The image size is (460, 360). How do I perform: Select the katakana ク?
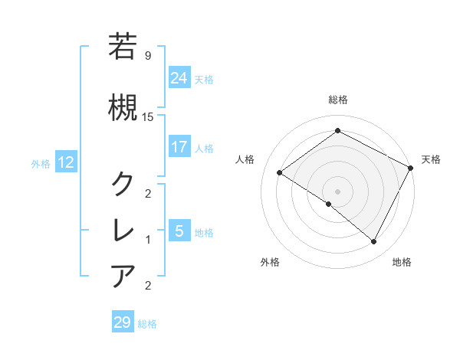click(123, 184)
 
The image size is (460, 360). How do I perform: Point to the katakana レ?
click(123, 230)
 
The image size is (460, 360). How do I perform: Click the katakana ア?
click(123, 276)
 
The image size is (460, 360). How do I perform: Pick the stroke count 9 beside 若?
click(147, 55)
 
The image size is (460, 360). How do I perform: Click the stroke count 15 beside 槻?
click(148, 116)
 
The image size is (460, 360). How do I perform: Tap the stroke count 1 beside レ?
click(147, 240)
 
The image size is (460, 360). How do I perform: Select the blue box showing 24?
click(179, 77)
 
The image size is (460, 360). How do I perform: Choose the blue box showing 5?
click(179, 231)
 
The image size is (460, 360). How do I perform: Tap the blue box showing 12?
click(65, 162)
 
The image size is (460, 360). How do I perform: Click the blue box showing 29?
click(122, 322)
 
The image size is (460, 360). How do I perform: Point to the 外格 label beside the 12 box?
click(41, 163)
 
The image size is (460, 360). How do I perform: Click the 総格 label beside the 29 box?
click(148, 324)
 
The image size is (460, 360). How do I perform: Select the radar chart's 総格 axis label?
click(337, 100)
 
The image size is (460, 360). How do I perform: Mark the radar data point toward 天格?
click(411, 168)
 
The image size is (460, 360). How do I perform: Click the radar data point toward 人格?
click(280, 173)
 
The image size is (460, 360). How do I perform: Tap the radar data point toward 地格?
click(374, 242)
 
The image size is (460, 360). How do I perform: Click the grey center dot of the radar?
click(337, 191)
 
